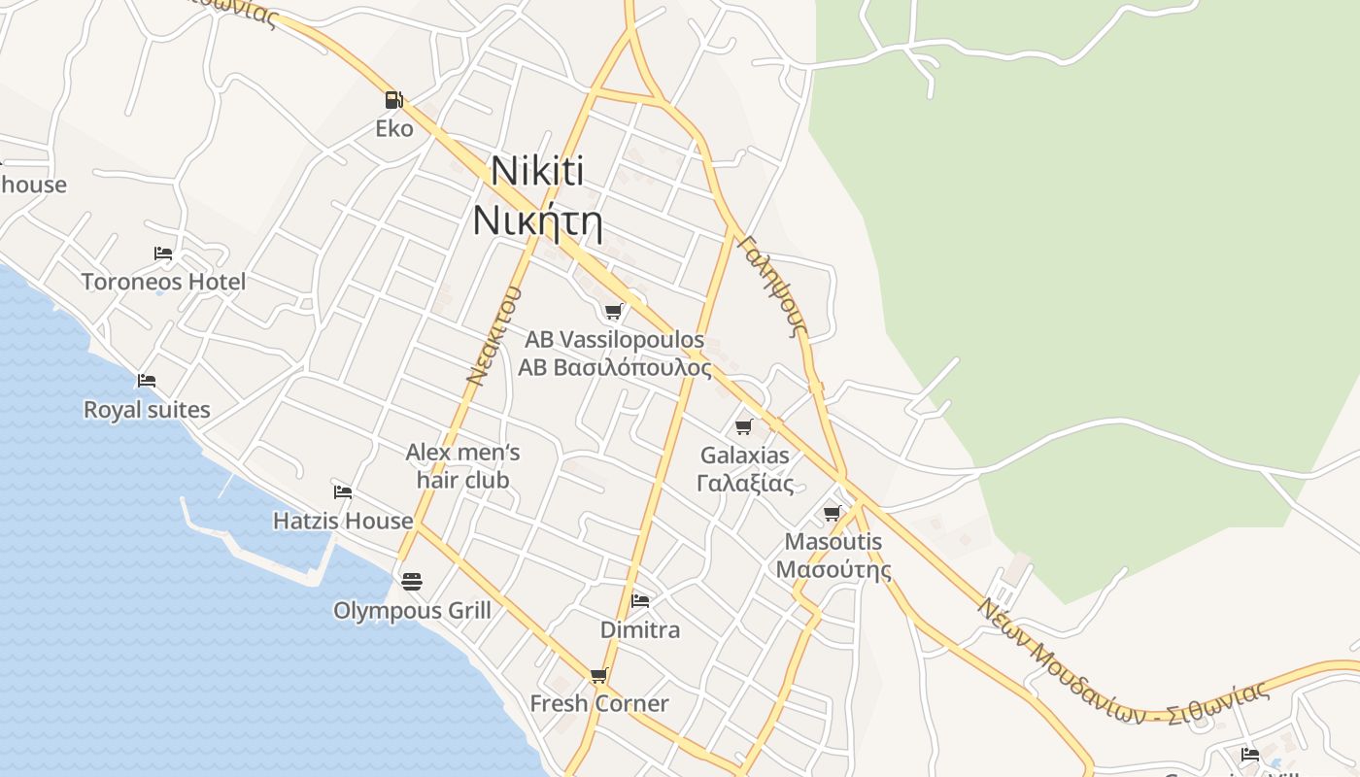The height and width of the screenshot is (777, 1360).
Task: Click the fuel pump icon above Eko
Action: (393, 99)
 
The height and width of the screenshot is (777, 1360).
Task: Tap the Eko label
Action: (394, 128)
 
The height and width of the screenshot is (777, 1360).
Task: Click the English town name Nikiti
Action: (537, 171)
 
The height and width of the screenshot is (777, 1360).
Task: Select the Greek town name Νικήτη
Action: (537, 221)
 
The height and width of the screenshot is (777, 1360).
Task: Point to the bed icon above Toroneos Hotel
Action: (163, 253)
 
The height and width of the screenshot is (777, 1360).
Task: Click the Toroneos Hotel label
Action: (163, 282)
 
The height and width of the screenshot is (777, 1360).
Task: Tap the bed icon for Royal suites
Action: (147, 380)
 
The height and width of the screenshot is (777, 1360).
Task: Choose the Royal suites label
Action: (147, 409)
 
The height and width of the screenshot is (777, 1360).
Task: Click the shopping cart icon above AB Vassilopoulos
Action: (613, 311)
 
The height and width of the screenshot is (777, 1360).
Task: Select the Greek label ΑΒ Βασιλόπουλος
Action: (614, 368)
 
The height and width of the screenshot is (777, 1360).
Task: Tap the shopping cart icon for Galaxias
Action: (744, 426)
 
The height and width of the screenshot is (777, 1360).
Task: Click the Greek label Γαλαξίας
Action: (745, 484)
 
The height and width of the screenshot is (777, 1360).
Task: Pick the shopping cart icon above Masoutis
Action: (833, 513)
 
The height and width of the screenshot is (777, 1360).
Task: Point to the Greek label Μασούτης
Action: (833, 570)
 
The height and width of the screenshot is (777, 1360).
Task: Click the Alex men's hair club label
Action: (462, 465)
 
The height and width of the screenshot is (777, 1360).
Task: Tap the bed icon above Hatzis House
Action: (343, 492)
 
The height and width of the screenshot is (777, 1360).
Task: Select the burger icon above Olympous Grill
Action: (412, 582)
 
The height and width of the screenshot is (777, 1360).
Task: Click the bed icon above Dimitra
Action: (640, 601)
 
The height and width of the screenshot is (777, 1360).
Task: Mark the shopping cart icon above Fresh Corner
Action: (599, 675)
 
